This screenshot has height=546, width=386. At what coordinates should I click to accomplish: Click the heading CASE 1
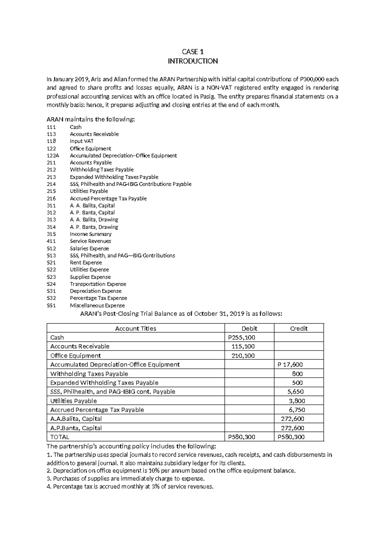193,52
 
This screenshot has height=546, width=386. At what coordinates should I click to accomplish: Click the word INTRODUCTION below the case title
193,61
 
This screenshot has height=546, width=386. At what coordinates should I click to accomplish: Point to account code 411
51,241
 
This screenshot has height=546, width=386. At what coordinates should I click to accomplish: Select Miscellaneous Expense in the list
97,306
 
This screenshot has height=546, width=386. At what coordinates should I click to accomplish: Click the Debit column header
249,328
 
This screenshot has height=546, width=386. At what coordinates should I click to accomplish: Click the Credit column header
299,328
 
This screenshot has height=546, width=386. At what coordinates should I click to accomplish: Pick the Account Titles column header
135,328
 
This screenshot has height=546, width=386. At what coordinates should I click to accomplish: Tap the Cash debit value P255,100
241,337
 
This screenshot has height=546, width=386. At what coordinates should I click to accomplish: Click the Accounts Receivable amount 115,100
243,346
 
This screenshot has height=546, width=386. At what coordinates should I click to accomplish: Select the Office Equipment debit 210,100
243,356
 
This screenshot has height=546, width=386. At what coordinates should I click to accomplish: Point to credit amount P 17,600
290,365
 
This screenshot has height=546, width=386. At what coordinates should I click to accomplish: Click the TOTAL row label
60,437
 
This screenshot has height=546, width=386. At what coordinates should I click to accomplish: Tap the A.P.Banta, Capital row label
76,428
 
